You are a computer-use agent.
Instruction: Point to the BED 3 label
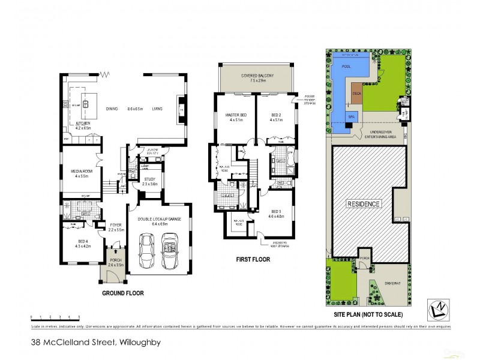pyautogui.click(x=276, y=212)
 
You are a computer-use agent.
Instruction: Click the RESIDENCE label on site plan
pyautogui.click(x=364, y=205)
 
